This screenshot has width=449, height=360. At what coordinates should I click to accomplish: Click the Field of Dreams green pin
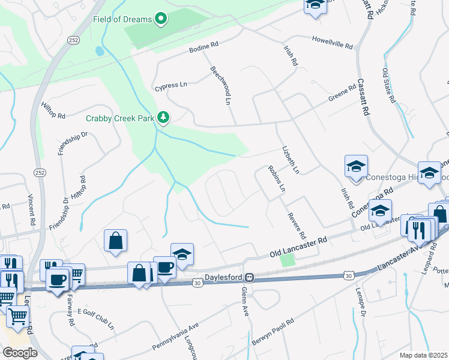[160, 19]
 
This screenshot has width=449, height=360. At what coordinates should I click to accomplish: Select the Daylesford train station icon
[254, 278]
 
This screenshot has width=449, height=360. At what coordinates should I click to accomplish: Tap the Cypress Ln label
[170, 85]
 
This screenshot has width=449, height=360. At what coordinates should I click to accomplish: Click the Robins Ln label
[276, 179]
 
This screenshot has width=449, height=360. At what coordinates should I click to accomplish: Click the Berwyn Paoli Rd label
[273, 328]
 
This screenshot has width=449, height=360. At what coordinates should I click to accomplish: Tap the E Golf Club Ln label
[95, 320]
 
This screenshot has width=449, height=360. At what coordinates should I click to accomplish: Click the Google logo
[20, 352]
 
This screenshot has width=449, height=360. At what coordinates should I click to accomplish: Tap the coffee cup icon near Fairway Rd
[58, 281]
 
